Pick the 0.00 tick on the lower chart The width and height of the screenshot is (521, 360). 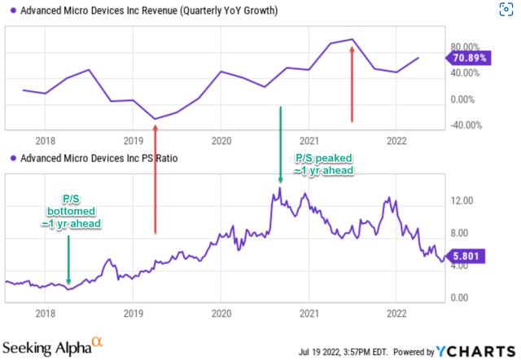tap(462, 296)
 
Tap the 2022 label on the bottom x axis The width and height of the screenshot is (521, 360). tap(395, 313)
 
